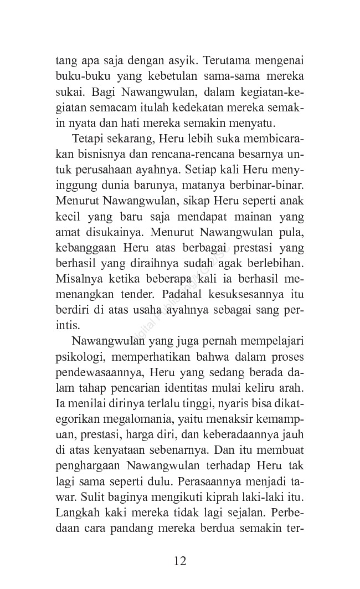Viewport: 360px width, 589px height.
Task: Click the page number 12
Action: (180, 560)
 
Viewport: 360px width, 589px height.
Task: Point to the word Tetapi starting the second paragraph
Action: (88, 137)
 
